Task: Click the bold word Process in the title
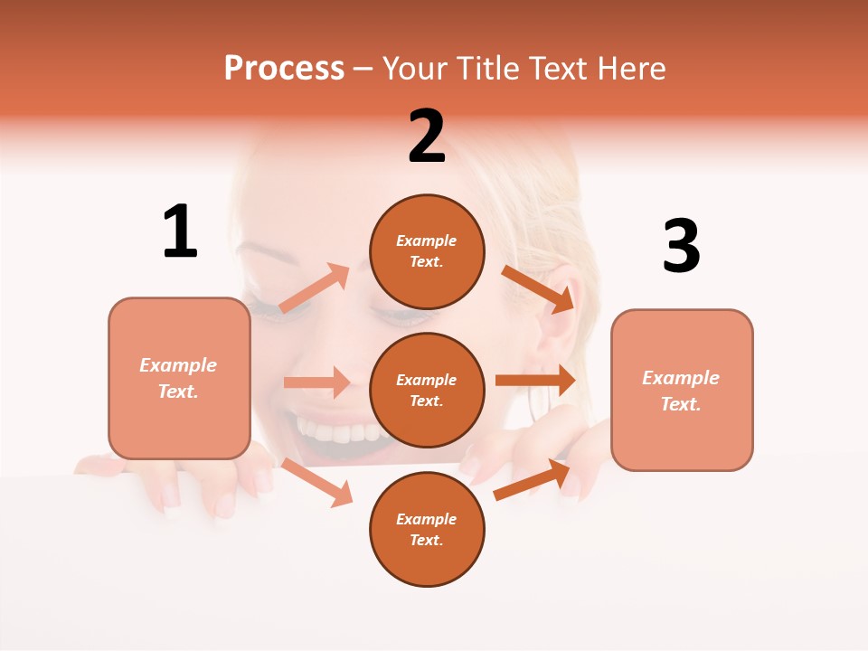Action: point(284,69)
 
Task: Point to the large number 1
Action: point(180,231)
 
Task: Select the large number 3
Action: point(681,246)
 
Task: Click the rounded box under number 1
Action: point(179,378)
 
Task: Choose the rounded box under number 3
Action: point(682,390)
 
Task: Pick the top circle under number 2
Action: point(427,251)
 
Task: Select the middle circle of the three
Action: point(427,390)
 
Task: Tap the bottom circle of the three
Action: point(427,529)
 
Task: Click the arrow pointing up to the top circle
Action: point(315,288)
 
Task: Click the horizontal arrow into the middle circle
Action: point(316,382)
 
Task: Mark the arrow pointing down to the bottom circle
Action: point(317,482)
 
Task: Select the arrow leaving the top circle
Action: point(539,288)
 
